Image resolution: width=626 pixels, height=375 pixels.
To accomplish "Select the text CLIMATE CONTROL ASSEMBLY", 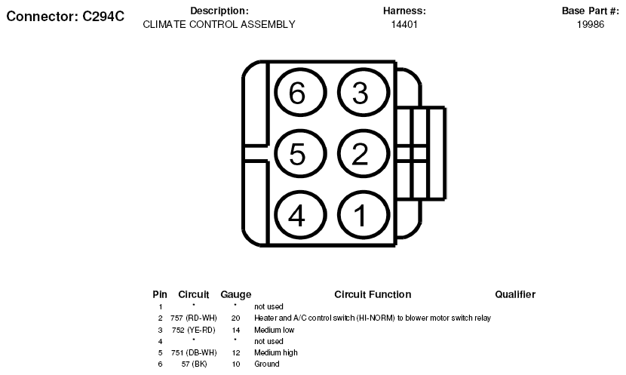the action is coord(219,24).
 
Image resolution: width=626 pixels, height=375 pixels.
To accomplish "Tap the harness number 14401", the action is coord(404,24).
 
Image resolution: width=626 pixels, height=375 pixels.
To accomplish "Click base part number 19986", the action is coord(591,24).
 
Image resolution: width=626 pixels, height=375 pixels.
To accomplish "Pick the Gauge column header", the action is coord(236,295).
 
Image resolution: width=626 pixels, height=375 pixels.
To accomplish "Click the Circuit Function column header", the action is coord(373,294).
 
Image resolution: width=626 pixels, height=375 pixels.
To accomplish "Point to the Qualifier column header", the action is coord(515,294).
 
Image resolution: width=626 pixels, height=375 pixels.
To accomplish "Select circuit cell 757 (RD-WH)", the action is coord(194,318).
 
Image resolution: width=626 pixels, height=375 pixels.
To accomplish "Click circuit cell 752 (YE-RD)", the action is coord(194,330).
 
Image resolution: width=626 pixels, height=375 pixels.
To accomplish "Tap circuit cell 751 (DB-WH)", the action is coord(194,352).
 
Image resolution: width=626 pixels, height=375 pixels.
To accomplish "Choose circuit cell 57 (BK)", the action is coord(194,364).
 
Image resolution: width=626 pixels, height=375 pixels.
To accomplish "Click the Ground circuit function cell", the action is coord(267,364).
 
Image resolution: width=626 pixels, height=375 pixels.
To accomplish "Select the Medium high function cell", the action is coord(276,352).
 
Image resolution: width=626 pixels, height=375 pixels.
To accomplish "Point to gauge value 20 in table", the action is coord(235,318).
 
